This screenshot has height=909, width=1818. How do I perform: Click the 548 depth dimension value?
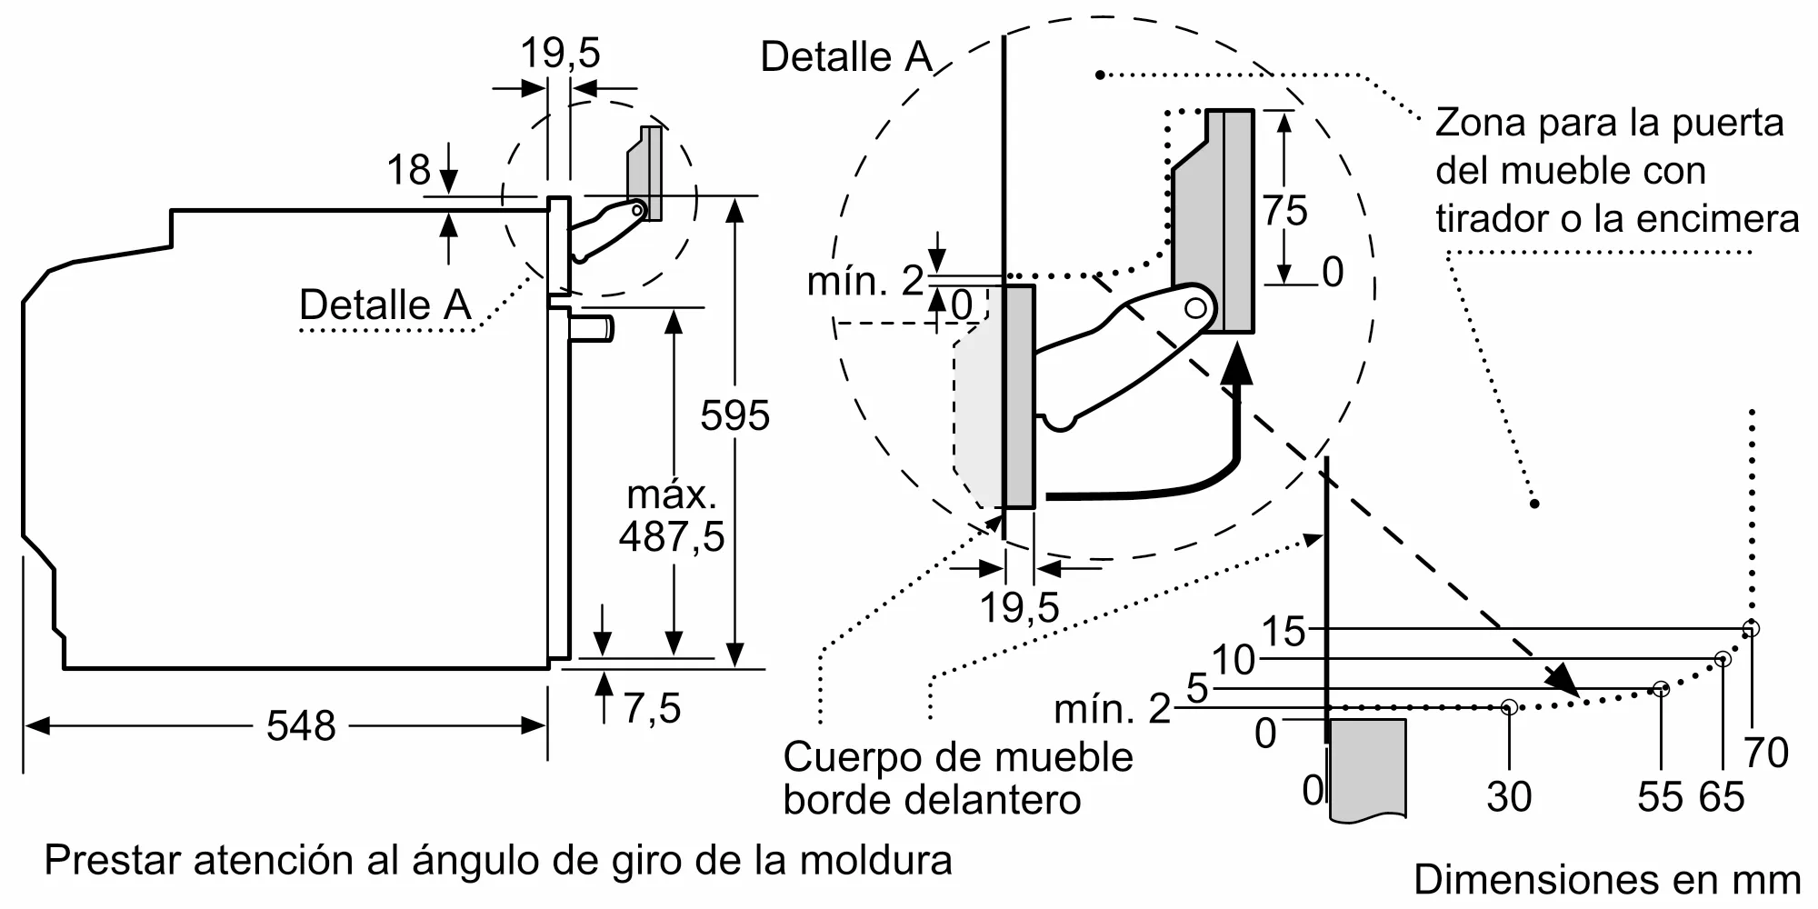[x=301, y=726]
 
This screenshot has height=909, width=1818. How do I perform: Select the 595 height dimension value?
[x=734, y=416]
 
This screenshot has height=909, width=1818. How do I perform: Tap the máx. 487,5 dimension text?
[x=672, y=516]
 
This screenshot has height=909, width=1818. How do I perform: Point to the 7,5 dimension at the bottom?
[x=652, y=708]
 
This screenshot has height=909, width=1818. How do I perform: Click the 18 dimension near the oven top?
[x=408, y=171]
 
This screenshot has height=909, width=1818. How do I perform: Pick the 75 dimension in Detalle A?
[x=1285, y=211]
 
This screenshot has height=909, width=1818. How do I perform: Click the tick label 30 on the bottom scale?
[x=1509, y=797]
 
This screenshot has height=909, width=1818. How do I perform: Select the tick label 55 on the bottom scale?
[x=1660, y=797]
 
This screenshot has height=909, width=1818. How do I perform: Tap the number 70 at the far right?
[x=1765, y=754]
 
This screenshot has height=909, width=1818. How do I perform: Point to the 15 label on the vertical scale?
[x=1283, y=632]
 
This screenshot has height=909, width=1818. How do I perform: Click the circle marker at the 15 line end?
[x=1751, y=629]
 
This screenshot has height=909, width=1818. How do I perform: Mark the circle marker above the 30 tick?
[x=1509, y=706]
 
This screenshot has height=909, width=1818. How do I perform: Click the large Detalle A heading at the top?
[x=846, y=57]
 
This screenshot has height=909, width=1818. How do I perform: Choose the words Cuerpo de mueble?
[x=957, y=757]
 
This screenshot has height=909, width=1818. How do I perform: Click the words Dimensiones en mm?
[x=1606, y=880]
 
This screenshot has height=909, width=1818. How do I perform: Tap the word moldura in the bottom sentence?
[x=875, y=860]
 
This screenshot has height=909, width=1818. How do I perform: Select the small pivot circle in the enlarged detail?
[x=1196, y=308]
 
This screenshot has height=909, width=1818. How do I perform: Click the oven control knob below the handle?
[x=592, y=328]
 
